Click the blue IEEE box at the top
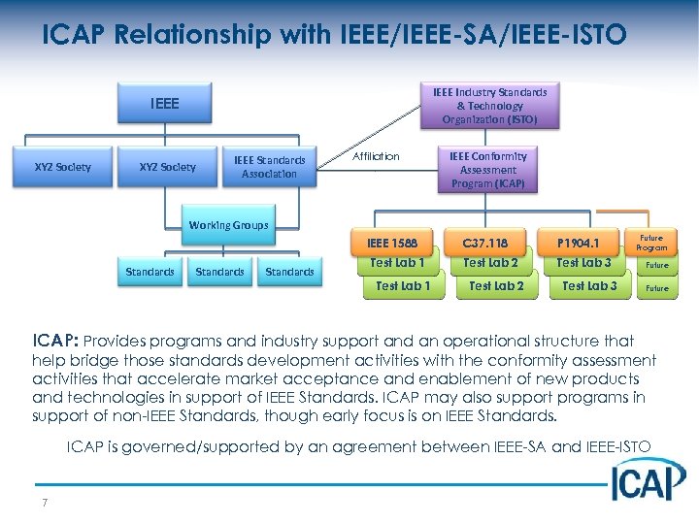(x=165, y=102)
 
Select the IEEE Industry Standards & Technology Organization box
(x=488, y=106)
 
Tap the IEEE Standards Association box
(x=269, y=167)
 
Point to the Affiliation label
(x=376, y=156)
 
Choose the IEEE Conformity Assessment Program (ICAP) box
(x=487, y=169)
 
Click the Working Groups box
(x=228, y=225)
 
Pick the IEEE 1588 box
(x=392, y=243)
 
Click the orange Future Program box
(x=651, y=243)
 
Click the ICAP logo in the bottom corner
(x=648, y=479)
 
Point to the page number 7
(x=46, y=502)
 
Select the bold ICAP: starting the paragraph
(x=55, y=342)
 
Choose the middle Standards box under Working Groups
(x=219, y=272)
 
